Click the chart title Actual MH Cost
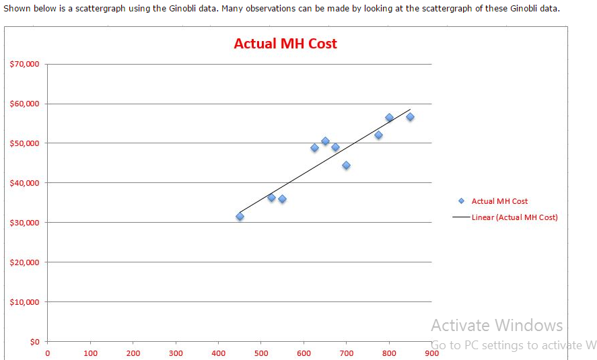tap(285, 44)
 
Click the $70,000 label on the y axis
tap(25, 64)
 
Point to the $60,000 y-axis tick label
tap(25, 104)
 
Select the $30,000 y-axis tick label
tap(25, 223)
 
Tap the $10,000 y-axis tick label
tap(25, 301)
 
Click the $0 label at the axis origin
tap(34, 341)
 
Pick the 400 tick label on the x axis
tap(219, 353)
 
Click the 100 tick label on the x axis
tap(90, 353)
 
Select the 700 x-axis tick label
tap(347, 353)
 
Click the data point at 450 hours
tap(240, 216)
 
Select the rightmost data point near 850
tap(410, 116)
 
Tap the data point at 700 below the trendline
tap(346, 165)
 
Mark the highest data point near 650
tap(325, 141)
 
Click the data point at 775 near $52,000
tap(378, 135)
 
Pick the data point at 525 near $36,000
tap(271, 197)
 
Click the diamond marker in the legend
tap(461, 201)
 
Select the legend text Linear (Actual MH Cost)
tap(514, 217)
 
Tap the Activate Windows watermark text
tap(497, 326)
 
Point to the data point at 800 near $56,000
tap(389, 117)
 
